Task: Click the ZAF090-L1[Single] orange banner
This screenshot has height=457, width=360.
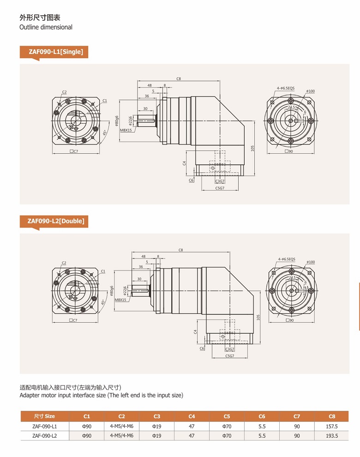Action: click(x=54, y=52)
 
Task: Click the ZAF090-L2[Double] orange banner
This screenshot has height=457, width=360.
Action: click(x=54, y=221)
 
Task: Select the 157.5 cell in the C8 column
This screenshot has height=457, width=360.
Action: click(x=332, y=427)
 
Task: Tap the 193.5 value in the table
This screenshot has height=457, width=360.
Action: click(x=332, y=436)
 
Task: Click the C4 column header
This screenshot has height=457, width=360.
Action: click(x=192, y=416)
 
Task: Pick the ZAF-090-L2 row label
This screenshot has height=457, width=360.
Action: click(x=45, y=436)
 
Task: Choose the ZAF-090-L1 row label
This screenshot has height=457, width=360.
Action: click(x=45, y=427)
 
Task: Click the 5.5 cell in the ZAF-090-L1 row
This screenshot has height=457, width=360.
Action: click(x=262, y=427)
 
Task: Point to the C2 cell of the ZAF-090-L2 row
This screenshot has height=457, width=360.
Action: click(x=121, y=436)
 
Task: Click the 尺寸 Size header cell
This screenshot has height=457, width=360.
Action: click(x=45, y=416)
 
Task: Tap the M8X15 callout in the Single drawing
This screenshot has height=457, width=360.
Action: click(x=126, y=130)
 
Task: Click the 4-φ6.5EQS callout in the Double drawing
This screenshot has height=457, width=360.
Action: click(x=287, y=259)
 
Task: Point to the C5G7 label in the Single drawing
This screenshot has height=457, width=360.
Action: click(x=220, y=188)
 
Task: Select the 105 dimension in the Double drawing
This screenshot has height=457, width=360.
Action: click(x=258, y=318)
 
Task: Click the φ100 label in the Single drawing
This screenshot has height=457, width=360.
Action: click(x=311, y=91)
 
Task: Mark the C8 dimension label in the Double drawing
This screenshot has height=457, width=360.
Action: click(x=181, y=250)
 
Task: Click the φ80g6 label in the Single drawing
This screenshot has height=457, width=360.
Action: click(x=117, y=121)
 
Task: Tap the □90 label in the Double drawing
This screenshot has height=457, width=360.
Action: click(x=290, y=320)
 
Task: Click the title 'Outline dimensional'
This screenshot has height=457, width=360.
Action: click(x=46, y=27)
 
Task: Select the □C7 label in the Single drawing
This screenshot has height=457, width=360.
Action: click(x=74, y=151)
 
